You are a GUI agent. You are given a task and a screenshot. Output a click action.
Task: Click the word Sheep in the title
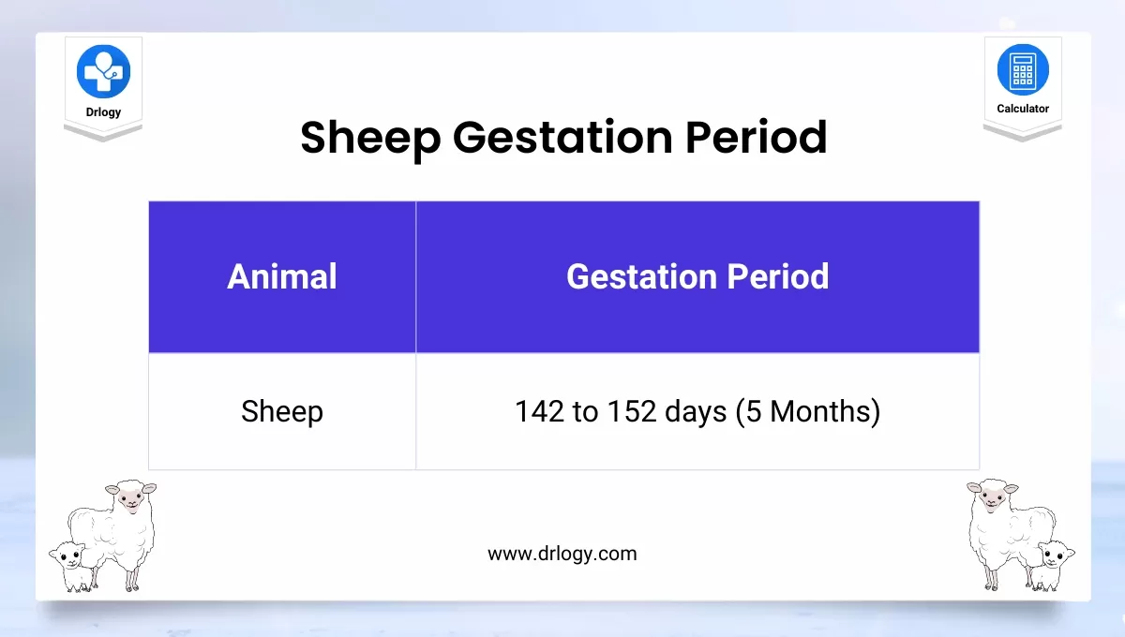pos(369,138)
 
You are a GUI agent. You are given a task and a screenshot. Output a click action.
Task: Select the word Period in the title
pos(756,138)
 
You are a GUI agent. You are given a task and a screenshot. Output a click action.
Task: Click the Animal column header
pos(282,276)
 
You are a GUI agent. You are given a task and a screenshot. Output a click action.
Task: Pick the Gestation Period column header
pos(697,276)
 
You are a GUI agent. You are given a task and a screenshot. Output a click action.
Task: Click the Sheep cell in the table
pos(282,411)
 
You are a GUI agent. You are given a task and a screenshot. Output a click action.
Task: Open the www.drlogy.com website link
pos(562,554)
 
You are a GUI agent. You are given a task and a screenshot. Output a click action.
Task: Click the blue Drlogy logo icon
pos(103,71)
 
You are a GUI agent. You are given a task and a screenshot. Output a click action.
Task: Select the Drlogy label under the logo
pos(103,111)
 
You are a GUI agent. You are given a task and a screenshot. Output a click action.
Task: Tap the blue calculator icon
pos(1023,70)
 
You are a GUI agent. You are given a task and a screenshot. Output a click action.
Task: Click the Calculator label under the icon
pos(1023,109)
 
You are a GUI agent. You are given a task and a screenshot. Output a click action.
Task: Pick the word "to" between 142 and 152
pos(586,411)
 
